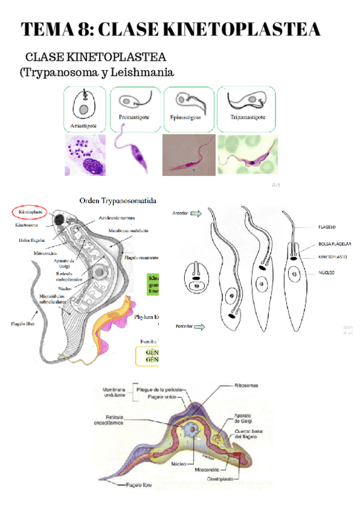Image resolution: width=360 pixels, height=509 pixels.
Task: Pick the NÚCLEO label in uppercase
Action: tap(327, 272)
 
